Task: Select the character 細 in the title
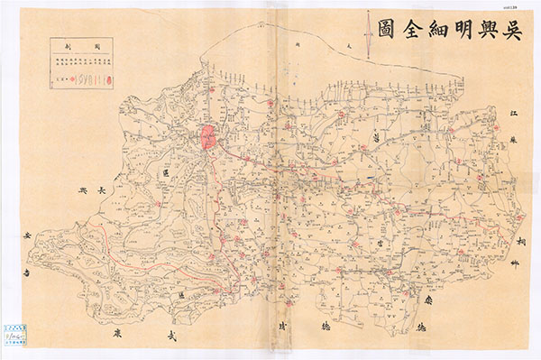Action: (417, 31)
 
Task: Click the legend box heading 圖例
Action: (80, 45)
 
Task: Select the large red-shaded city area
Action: (208, 139)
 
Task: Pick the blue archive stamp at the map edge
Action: (14, 333)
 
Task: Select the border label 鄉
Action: (518, 265)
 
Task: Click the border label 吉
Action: (31, 269)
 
